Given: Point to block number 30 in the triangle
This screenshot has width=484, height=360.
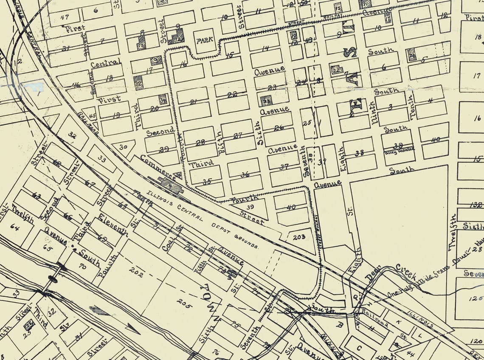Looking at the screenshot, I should point(124,147).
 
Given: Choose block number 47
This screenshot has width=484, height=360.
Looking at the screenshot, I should point(65,17).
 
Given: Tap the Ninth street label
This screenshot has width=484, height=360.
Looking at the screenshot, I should point(373,112).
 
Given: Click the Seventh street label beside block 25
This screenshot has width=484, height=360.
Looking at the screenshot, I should point(304,162).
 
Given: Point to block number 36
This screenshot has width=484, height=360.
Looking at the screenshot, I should point(245,174).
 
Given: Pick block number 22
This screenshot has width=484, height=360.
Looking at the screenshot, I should point(232,95).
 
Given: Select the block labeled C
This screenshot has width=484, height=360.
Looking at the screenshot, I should point(359,348).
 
